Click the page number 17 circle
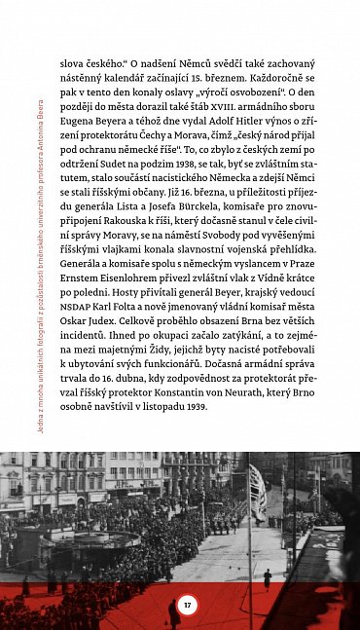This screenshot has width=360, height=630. [x=188, y=605]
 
